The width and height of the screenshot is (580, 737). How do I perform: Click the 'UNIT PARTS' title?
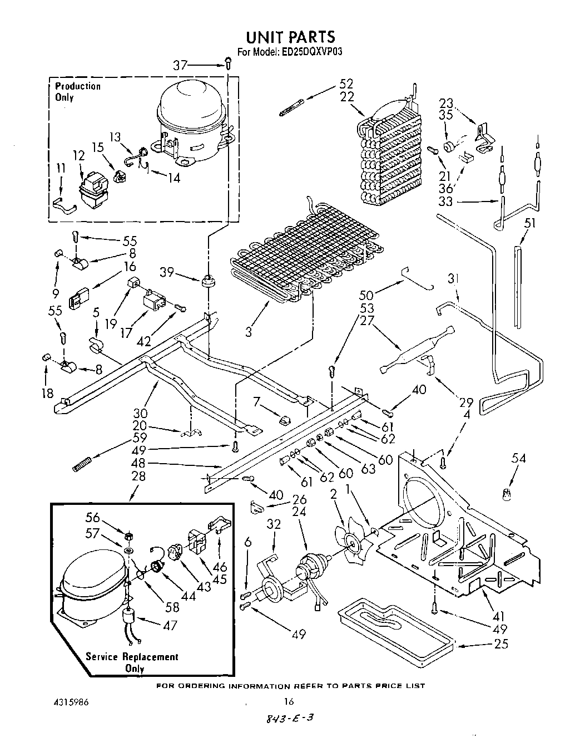click(x=290, y=37)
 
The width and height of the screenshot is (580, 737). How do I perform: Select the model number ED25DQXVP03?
click(x=314, y=52)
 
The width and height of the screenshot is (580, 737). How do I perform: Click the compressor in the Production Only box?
click(x=192, y=125)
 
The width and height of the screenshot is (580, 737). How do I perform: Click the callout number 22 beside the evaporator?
click(x=346, y=96)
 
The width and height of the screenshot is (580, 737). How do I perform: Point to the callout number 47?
click(x=170, y=625)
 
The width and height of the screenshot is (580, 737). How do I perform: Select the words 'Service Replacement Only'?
click(x=132, y=662)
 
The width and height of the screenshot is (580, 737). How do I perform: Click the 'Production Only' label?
click(x=78, y=91)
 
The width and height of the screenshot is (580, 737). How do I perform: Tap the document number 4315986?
click(x=70, y=703)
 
